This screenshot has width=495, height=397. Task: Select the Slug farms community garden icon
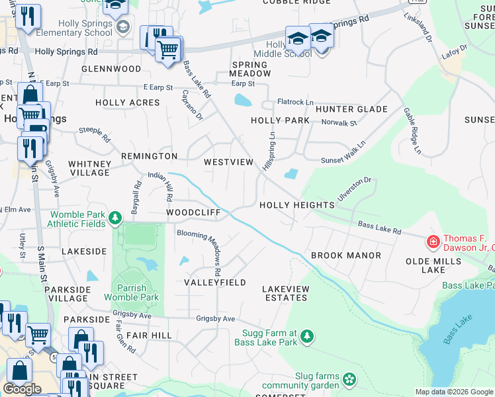pos(349,380)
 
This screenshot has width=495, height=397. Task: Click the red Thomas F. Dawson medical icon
pos(433,243)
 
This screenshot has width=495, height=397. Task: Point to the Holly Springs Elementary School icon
pos(122,27)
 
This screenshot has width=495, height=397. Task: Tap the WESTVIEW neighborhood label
pos(228,162)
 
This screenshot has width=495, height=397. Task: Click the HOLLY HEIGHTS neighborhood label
pos(296,205)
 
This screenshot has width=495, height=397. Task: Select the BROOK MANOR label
pos(345,255)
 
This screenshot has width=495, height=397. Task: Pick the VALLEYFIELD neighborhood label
pos(215,283)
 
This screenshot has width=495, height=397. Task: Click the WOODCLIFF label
pos(193,213)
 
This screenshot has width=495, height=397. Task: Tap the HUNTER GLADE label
pos(351,109)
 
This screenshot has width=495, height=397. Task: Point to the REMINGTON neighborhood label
pos(149,156)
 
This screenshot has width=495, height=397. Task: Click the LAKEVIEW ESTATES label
pos(285,293)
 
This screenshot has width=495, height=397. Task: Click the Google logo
pos(22,389)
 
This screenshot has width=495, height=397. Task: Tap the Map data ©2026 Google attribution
pos(453,392)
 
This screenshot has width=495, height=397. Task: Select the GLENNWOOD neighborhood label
pos(111,69)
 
